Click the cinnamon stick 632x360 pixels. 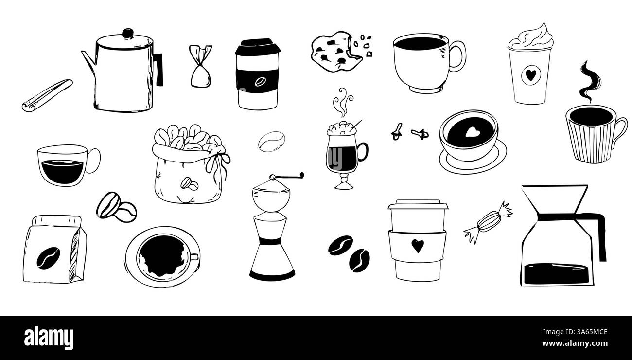[x=47, y=95]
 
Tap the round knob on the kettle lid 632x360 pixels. [x=127, y=34]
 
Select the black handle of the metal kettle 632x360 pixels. [x=158, y=70]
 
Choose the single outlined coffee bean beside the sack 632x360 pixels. [x=271, y=142]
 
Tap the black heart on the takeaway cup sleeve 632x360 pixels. [x=417, y=246]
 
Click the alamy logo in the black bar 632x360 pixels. [x=49, y=337]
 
